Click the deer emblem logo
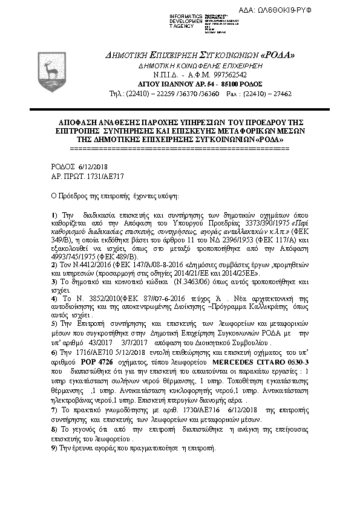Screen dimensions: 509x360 coord(48,72)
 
